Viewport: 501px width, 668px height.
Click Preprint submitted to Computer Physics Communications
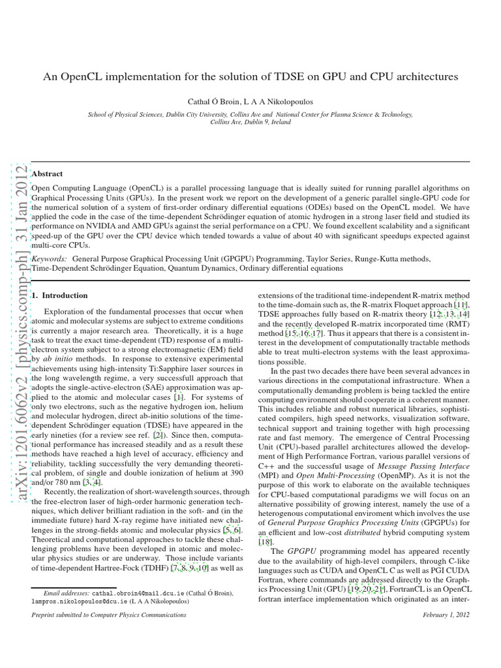(x=110, y=615)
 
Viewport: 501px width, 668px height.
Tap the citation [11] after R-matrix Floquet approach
(x=461, y=305)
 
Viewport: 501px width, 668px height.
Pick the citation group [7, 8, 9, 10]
(x=190, y=569)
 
